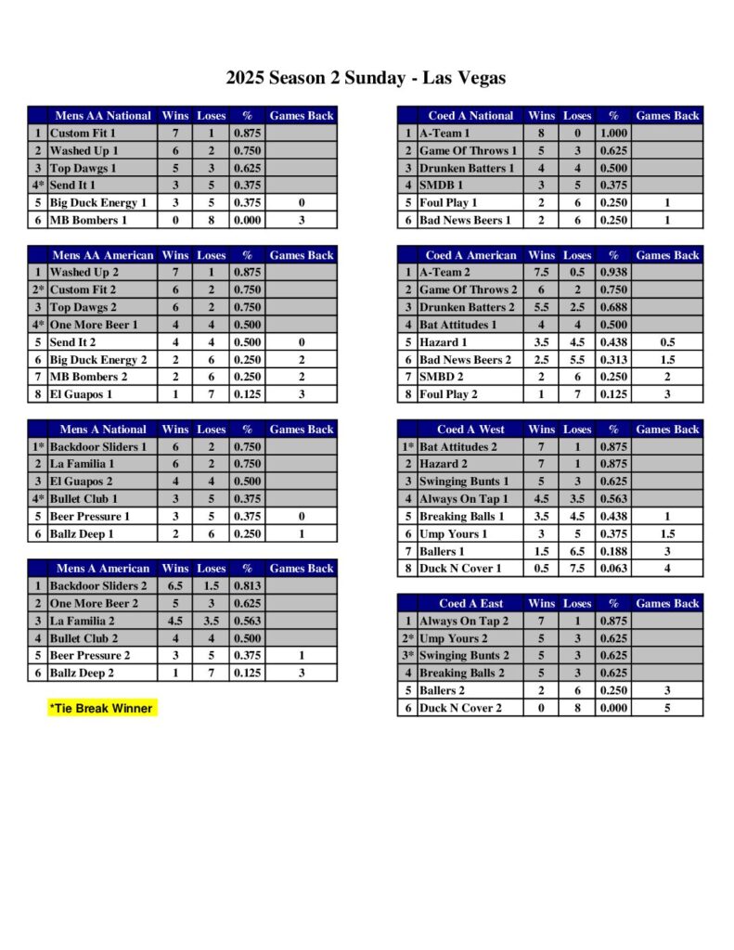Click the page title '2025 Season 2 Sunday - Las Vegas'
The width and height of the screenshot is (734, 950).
(x=366, y=78)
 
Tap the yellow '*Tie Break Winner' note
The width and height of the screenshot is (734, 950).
(x=100, y=708)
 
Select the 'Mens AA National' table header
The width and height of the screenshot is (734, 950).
(x=103, y=116)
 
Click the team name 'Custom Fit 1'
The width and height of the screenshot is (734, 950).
(x=83, y=134)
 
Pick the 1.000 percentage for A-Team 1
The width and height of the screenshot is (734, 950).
(x=612, y=134)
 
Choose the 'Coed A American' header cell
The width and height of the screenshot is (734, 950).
(x=470, y=255)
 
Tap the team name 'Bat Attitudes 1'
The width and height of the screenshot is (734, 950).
(x=457, y=325)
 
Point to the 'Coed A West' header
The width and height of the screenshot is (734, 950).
(x=470, y=430)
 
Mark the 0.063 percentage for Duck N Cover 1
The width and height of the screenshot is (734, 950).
(x=612, y=569)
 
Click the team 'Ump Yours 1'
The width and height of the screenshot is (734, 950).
(x=453, y=533)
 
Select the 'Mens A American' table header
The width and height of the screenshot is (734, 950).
(x=103, y=569)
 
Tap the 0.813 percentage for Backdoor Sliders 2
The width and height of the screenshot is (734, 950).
(x=247, y=586)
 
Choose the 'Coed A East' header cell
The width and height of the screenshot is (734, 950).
(x=470, y=604)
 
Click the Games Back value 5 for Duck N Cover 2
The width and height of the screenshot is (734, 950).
(x=667, y=708)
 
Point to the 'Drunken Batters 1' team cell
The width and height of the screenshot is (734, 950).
(x=466, y=168)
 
